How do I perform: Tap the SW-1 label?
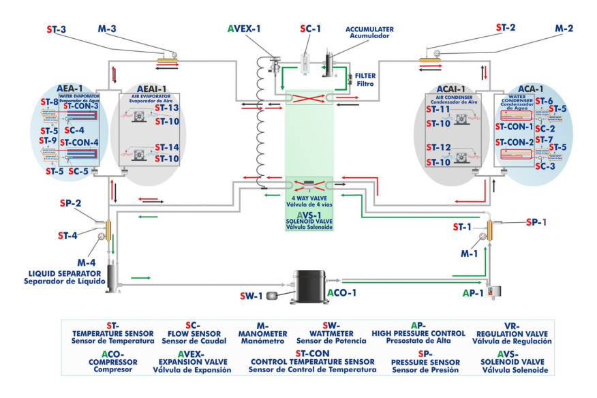[251, 296]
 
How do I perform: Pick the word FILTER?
[365, 76]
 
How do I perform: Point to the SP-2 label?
[70, 203]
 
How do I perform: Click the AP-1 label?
[472, 292]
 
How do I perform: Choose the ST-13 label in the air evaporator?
[166, 108]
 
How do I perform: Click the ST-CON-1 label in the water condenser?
[515, 126]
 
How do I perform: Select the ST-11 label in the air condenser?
[438, 109]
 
